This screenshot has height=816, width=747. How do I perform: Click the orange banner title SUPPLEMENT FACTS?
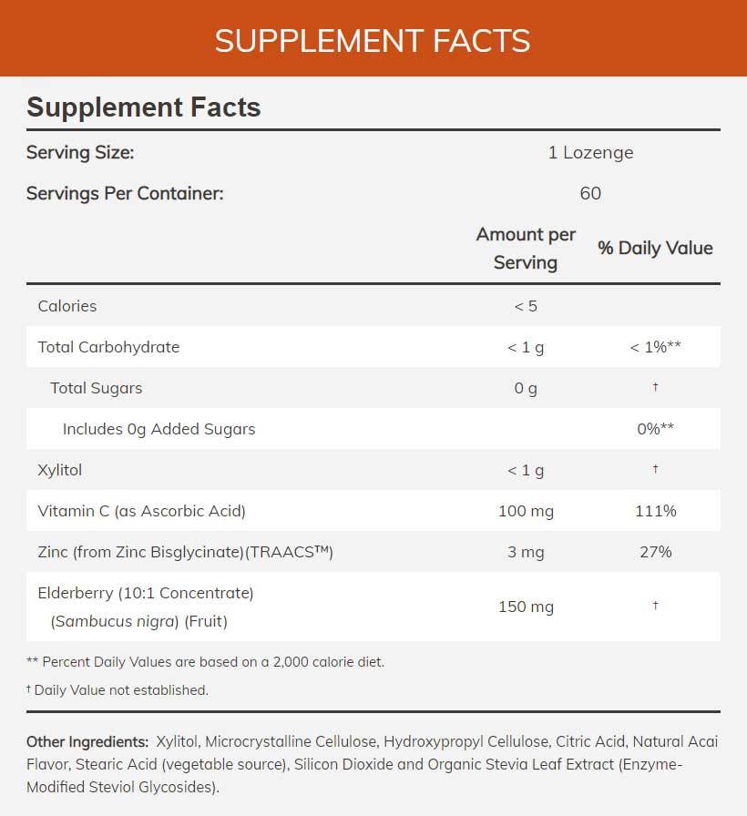tap(373, 41)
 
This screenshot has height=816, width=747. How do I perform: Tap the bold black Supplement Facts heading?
tap(144, 107)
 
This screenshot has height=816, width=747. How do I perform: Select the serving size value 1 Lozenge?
tap(590, 152)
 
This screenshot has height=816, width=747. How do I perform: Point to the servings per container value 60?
tap(590, 193)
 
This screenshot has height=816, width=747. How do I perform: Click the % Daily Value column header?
tap(655, 248)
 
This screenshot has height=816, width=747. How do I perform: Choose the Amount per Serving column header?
tap(526, 248)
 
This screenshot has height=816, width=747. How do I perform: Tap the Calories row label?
tap(67, 306)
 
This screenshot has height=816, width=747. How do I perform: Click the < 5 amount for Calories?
tap(526, 306)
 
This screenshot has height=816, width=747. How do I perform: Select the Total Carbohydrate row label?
tap(108, 347)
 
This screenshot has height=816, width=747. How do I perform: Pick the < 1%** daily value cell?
tap(656, 347)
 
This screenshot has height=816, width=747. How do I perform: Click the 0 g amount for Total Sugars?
tap(526, 388)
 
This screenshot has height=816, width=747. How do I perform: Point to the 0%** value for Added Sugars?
tap(656, 429)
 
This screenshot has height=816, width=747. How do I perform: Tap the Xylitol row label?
tap(60, 470)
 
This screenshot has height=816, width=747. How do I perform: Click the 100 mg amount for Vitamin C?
tap(526, 511)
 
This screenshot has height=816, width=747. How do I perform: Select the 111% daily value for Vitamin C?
tap(656, 511)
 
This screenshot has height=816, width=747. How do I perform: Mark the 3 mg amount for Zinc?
tap(526, 552)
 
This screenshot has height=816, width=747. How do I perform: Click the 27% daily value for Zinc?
tap(656, 552)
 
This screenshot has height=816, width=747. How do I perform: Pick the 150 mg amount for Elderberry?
tap(526, 607)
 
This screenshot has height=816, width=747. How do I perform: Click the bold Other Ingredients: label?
tap(87, 741)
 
